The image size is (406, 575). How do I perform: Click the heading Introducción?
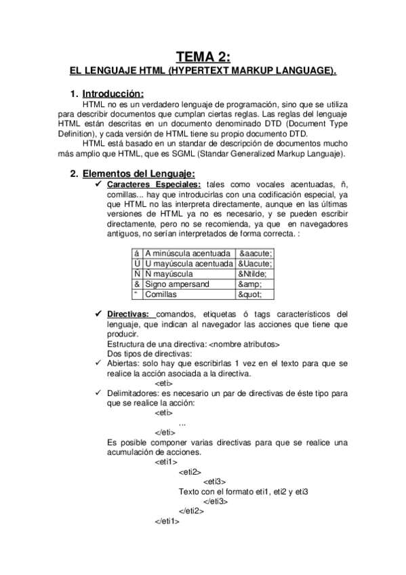(x=112, y=93)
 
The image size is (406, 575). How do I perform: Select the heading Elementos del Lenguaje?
(x=129, y=174)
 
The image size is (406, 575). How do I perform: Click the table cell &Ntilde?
(x=252, y=274)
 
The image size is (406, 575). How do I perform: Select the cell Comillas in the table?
(x=162, y=296)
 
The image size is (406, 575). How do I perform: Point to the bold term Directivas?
(x=129, y=314)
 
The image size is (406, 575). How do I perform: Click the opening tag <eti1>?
(x=167, y=462)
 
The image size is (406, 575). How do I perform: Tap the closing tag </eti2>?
(x=191, y=511)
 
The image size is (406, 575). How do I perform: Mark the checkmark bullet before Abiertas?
(x=99, y=363)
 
